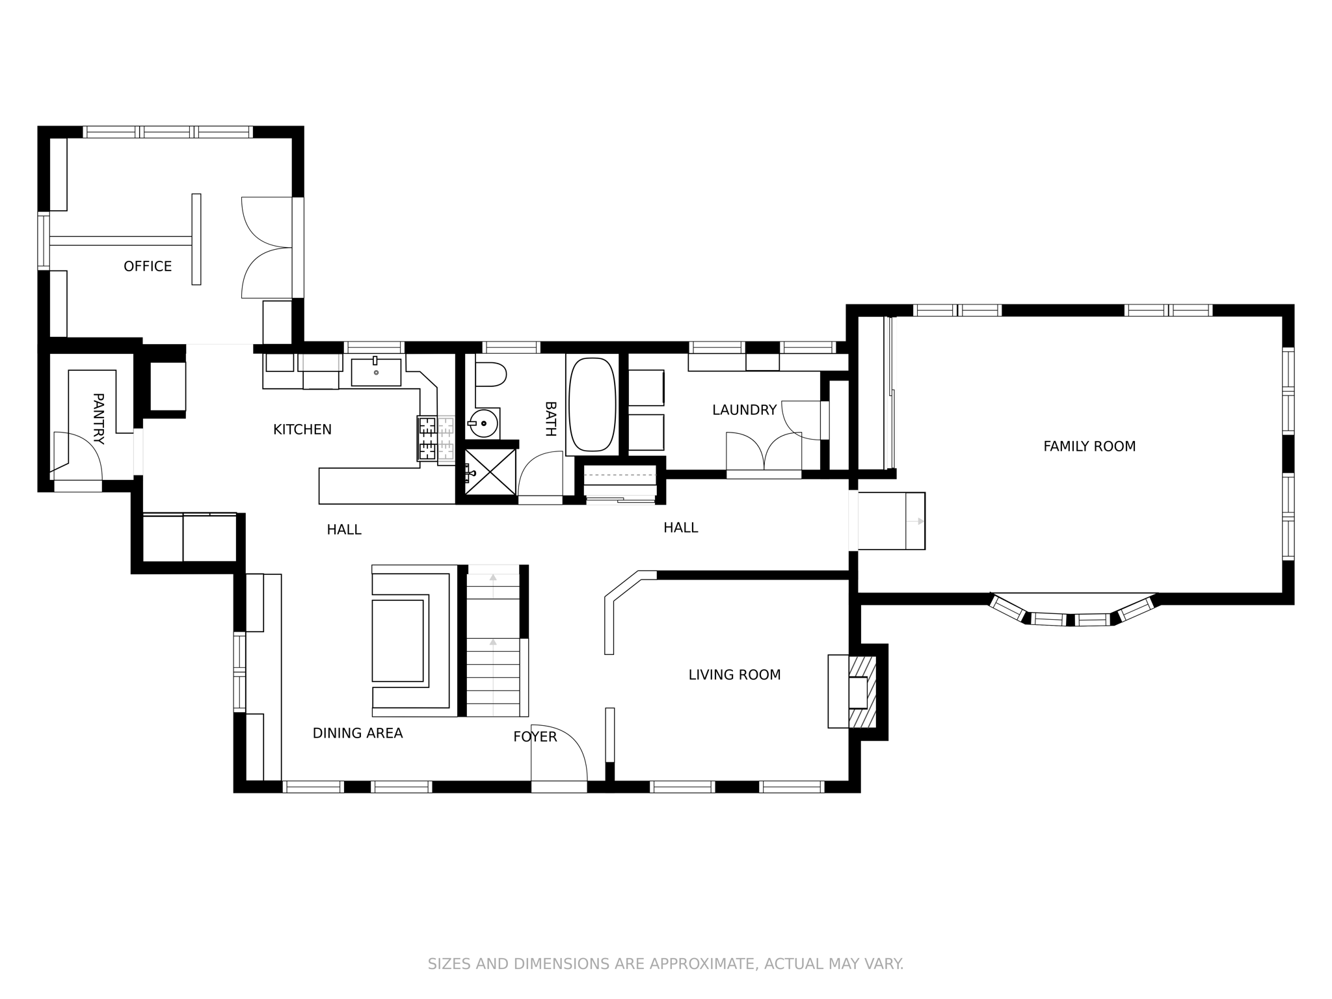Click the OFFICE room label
click(148, 266)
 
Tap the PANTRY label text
click(98, 418)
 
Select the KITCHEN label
click(302, 429)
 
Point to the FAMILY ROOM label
click(1089, 446)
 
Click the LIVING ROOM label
click(734, 674)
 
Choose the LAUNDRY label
click(744, 410)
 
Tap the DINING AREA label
click(358, 733)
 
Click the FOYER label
click(535, 736)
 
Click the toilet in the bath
click(490, 375)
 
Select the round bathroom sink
click(483, 423)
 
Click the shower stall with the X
click(490, 472)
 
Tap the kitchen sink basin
click(376, 372)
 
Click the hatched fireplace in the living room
click(863, 691)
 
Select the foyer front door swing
click(558, 754)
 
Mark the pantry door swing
click(76, 455)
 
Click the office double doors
click(267, 248)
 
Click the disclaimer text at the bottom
click(665, 963)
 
